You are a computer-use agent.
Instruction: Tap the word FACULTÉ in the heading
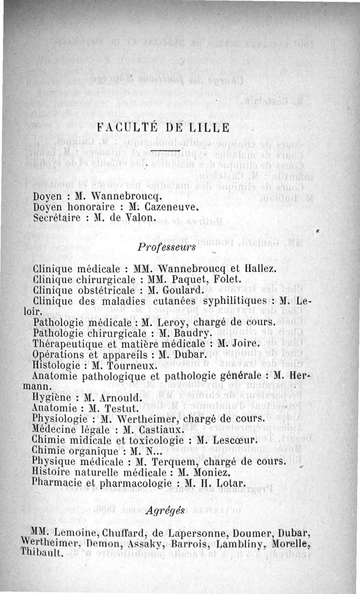tap(126, 126)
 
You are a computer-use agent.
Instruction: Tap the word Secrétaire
tap(53, 217)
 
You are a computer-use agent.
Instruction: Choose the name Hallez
tap(260, 270)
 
